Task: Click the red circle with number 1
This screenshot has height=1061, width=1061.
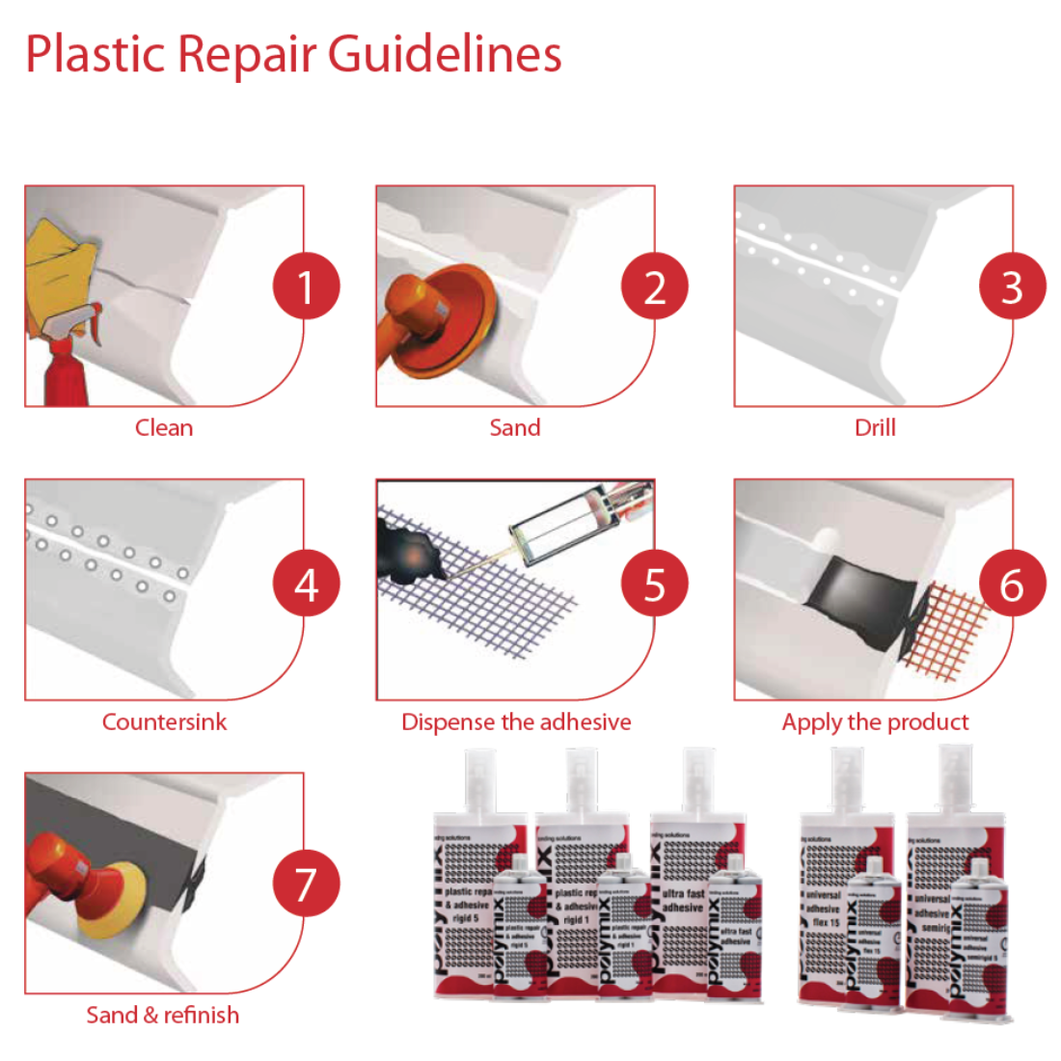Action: coord(306,286)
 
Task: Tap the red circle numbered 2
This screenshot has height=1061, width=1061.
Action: coord(655,286)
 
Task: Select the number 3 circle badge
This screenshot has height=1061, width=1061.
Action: coord(1012,286)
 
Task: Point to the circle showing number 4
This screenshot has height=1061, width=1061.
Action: coord(306,584)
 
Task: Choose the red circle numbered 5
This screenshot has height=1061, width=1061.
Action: coord(655,584)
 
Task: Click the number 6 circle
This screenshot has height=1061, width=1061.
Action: coord(1012,584)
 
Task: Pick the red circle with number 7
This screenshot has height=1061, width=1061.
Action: coord(306,884)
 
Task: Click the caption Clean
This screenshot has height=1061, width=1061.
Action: coord(164,427)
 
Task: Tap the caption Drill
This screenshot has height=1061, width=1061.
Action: coord(875,427)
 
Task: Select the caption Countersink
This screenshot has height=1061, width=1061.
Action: coord(164,721)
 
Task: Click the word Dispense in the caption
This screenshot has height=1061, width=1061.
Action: coord(445,721)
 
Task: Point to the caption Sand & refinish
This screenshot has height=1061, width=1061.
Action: coord(162,1015)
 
